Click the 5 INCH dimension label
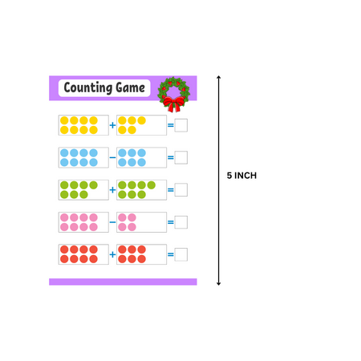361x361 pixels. tap(241, 176)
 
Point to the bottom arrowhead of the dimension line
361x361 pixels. tap(218, 282)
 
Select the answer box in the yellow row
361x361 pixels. tap(181, 125)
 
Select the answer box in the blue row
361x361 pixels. tap(181, 157)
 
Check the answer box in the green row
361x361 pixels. tap(181, 189)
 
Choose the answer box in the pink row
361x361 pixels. tap(181, 222)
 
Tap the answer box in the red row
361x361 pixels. tap(181, 254)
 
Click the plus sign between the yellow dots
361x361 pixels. tap(112, 125)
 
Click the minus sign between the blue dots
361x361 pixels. tap(112, 157)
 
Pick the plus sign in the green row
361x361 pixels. tap(112, 189)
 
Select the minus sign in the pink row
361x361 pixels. tap(112, 222)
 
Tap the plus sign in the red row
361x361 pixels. tap(112, 254)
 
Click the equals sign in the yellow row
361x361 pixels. tap(170, 125)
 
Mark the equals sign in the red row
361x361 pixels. tap(170, 254)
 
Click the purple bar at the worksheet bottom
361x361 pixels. tap(123, 282)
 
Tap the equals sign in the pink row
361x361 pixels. tap(170, 222)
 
